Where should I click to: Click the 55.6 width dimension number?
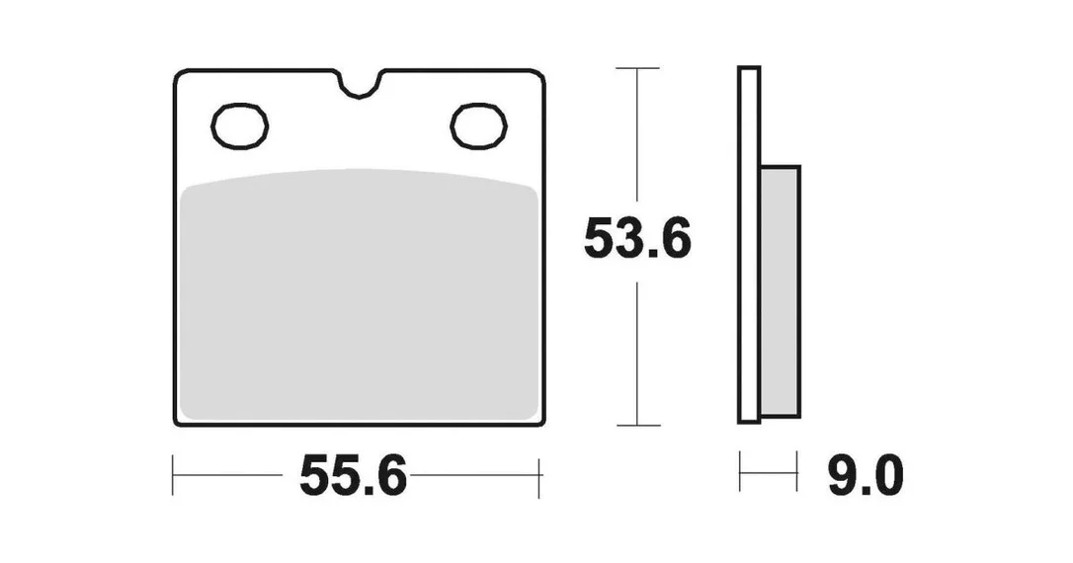click(353, 475)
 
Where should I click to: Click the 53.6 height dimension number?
click(638, 238)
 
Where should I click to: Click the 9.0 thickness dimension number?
click(866, 475)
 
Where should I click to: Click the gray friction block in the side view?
click(781, 291)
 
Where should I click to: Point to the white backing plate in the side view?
click(749, 245)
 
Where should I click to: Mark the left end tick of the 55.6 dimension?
click(173, 475)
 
